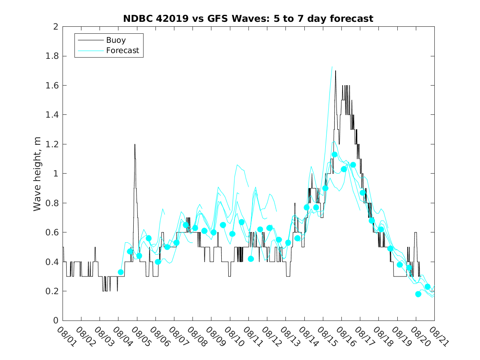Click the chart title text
coord(248,19)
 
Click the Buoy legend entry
coord(116,40)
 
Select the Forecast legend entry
coord(122,51)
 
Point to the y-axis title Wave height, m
coord(37,173)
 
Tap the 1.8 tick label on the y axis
coord(52,56)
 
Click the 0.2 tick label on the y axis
coord(52,291)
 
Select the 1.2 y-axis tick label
coord(52,144)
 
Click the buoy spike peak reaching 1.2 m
coord(134,144)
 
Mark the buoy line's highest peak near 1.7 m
coord(335,71)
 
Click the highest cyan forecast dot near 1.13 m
coord(334,155)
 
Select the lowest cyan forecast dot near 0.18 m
coord(418,294)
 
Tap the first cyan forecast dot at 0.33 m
coord(121,272)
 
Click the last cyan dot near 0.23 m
coord(427,287)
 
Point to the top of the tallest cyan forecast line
coord(332,67)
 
